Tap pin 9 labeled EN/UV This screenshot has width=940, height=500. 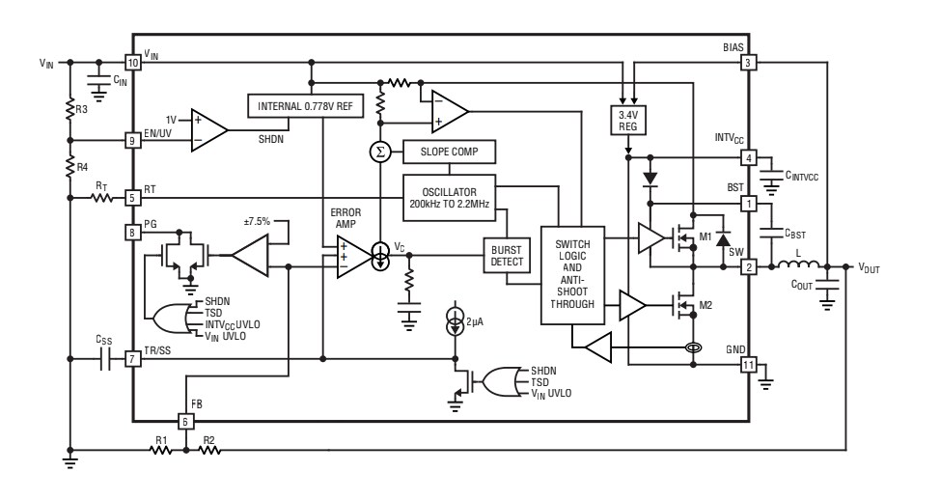coord(133,140)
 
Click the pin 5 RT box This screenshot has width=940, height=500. coord(133,198)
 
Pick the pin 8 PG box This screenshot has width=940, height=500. coord(133,232)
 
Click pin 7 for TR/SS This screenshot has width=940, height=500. coord(133,358)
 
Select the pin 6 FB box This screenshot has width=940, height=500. coord(187,421)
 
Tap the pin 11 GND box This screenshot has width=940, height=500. coord(748,365)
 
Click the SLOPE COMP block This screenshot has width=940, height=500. coord(449,153)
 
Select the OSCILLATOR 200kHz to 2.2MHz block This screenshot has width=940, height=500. coord(449,193)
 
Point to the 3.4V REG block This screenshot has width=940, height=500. coord(628,120)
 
